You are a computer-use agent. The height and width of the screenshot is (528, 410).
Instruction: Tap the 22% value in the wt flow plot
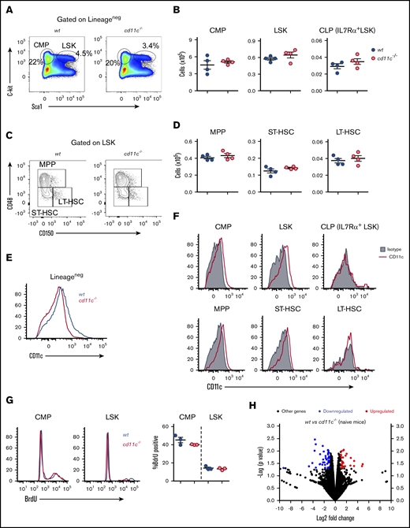tap(35, 61)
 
